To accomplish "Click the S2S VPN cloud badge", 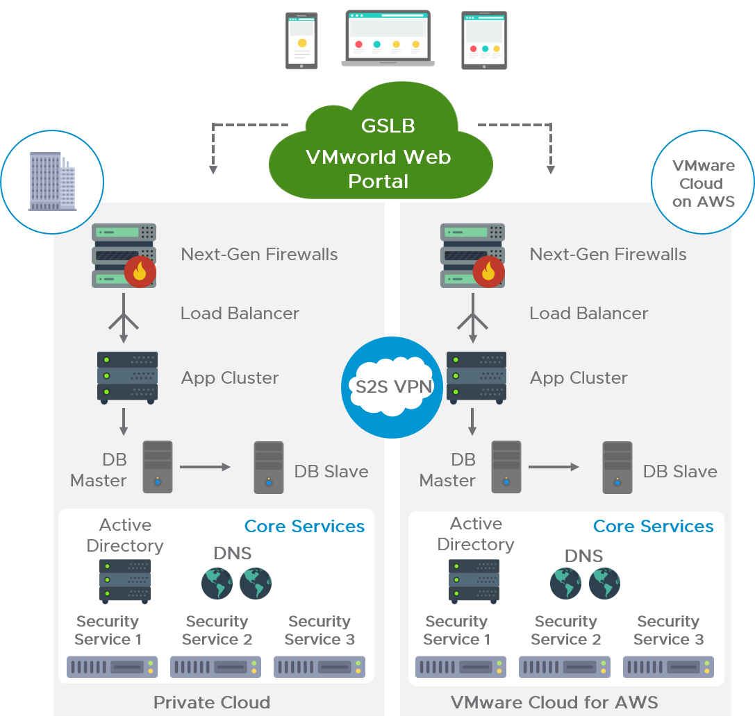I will tap(392, 387).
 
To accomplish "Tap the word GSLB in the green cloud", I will tap(388, 126).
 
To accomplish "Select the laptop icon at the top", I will tap(388, 38).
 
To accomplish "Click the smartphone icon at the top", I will tap(301, 40).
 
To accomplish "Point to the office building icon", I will tap(52, 182).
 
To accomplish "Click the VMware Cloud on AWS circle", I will tap(703, 183).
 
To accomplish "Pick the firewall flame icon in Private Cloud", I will tap(140, 271).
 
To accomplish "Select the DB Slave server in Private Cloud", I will tap(268, 468).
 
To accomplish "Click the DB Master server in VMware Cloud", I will tap(506, 467).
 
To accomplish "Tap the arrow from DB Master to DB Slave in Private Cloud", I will tap(205, 468).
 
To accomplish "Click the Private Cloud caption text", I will tap(212, 702).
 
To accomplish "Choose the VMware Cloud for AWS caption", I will tap(554, 702).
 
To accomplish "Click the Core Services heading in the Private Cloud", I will tap(304, 527).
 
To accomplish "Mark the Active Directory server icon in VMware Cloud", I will tap(474, 580).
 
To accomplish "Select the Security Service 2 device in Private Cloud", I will tap(216, 667).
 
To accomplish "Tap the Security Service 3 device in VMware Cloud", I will tap(669, 667).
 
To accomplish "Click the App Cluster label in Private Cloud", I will tap(230, 378).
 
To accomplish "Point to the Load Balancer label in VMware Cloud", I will tap(588, 314).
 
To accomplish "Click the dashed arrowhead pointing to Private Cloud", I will tap(213, 169).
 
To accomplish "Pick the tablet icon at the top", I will tap(484, 40).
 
